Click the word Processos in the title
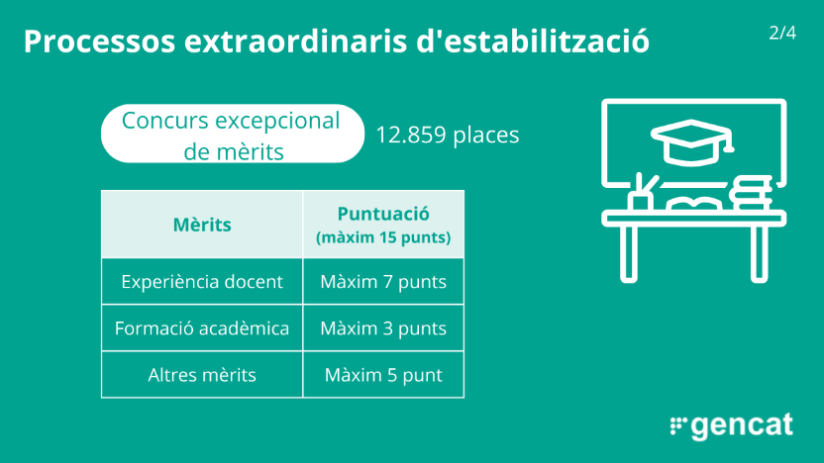tap(99, 42)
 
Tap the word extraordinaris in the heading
tap(296, 42)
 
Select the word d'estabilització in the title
tap(533, 42)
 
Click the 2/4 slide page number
tap(782, 33)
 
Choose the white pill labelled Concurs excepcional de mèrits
tap(233, 134)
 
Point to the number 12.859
tap(411, 135)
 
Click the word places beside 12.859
tap(486, 135)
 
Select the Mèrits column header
tap(202, 225)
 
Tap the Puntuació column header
tap(383, 214)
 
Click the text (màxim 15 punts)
tap(383, 237)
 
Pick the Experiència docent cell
tap(202, 281)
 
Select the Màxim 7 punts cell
tap(383, 281)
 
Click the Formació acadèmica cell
tap(202, 328)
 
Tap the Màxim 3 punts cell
tap(383, 328)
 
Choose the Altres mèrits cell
tap(202, 375)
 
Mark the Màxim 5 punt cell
tap(383, 375)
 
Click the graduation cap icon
tap(692, 141)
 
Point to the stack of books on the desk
tap(751, 193)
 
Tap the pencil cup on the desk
tap(641, 193)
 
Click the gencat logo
tap(732, 426)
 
